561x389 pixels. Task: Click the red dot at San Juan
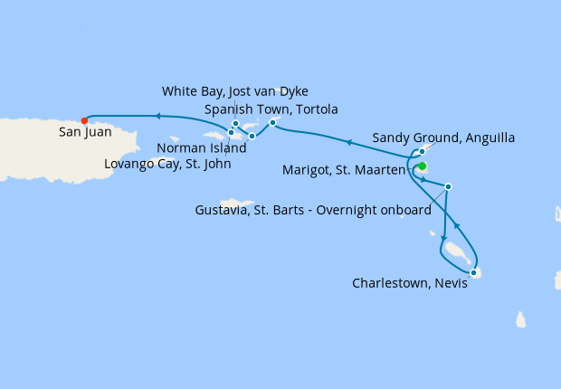tap(84, 120)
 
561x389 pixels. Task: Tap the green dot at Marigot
tap(422, 166)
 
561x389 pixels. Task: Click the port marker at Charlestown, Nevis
tap(473, 271)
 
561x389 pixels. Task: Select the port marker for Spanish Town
tap(272, 122)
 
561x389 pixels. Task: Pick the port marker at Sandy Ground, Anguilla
tap(422, 151)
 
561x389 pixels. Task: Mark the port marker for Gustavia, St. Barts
tap(449, 186)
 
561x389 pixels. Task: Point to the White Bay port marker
tap(235, 124)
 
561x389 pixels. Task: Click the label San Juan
tap(85, 132)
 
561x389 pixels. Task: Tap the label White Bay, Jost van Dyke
tap(235, 91)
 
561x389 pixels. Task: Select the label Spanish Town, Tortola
tap(271, 109)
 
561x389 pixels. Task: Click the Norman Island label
tap(201, 148)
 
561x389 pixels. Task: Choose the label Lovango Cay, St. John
tap(166, 164)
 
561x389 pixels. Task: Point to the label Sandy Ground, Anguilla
tap(443, 138)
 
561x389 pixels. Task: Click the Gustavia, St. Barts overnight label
tap(313, 210)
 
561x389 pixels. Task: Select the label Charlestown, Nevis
tap(404, 283)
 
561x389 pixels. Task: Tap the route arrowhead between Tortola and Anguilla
tap(350, 142)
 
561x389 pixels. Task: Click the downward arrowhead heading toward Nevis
tap(443, 236)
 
